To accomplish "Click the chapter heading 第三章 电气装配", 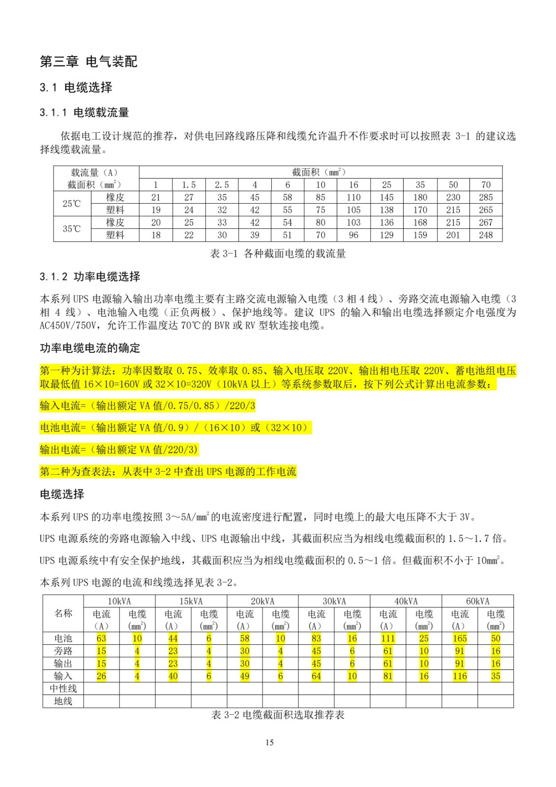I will pos(88,61).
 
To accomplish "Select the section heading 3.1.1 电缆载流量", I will pos(84,113).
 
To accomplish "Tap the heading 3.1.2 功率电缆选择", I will pos(90,276).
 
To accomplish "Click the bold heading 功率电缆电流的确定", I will pos(90,348).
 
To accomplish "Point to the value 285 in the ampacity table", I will pos(486,197).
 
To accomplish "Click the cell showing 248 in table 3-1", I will pos(486,235).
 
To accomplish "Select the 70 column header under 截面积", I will pos(486,185).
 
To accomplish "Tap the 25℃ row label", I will pos(72,204).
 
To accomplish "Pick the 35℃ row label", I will pos(72,229).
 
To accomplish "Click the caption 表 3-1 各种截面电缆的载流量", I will pos(278,254).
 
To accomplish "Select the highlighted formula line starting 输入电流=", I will pos(147,406).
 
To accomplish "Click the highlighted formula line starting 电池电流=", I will pos(175,427).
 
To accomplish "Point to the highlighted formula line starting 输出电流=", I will pos(119,450).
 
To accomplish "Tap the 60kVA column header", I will pos(477,601).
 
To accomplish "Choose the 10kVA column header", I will pos(119,601).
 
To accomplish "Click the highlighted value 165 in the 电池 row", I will pos(460,638).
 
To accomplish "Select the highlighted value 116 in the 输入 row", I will pos(460,676).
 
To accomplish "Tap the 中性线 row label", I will pos(63,689).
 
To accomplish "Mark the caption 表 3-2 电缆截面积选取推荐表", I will pos(278,715).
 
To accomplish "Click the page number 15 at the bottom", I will pos(269,743).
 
